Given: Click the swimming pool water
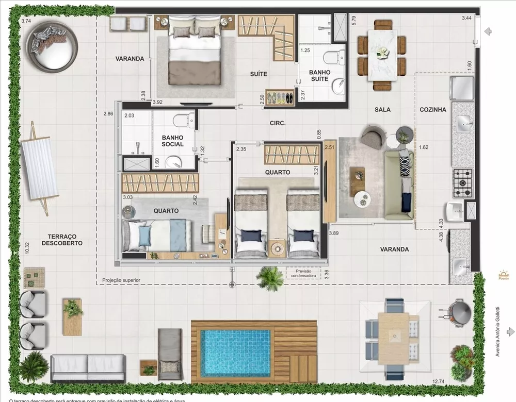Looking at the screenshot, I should (x=235, y=353).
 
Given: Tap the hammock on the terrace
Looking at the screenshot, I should (x=40, y=168).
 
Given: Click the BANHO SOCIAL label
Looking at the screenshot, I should (x=172, y=141).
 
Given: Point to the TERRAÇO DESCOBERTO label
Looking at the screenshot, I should (x=62, y=239).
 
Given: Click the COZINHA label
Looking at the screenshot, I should (x=432, y=110).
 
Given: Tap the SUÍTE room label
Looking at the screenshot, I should (x=259, y=74).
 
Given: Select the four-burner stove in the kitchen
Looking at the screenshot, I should (x=463, y=183).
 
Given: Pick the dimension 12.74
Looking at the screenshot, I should (x=438, y=381).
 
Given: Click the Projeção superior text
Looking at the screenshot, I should (x=121, y=280).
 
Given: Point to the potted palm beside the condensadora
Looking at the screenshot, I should (x=270, y=278).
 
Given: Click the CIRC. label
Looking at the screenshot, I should (x=278, y=123).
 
